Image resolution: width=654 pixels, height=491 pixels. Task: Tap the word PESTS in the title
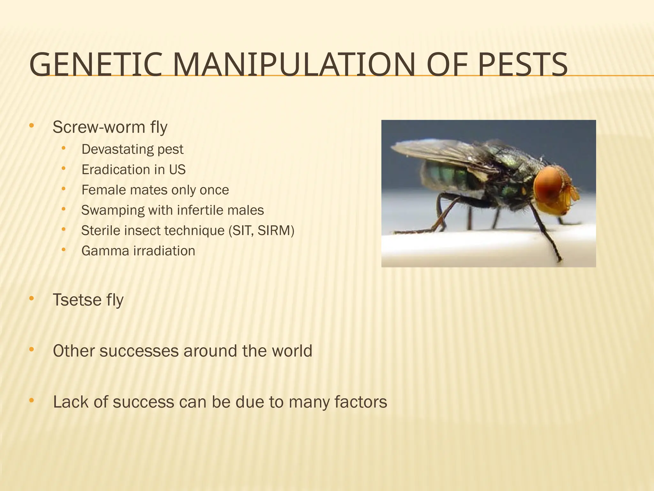pyautogui.click(x=522, y=65)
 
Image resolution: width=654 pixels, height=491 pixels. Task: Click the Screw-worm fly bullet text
pyautogui.click(x=110, y=127)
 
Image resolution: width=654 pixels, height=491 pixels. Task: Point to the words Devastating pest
pyautogui.click(x=132, y=149)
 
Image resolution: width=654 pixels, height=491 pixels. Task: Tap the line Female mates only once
pyautogui.click(x=155, y=190)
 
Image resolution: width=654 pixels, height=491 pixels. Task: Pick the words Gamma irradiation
pyautogui.click(x=138, y=251)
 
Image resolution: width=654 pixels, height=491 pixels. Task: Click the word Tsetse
pyautogui.click(x=77, y=300)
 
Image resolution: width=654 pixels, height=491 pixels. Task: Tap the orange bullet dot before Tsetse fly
pyautogui.click(x=31, y=299)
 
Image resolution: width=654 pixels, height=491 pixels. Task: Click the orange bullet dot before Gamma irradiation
pyautogui.click(x=63, y=249)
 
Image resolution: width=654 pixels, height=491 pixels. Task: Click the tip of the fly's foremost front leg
pyautogui.click(x=559, y=261)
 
